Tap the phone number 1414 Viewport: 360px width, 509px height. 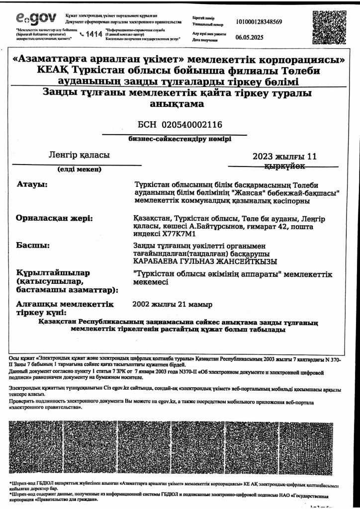point(94,34)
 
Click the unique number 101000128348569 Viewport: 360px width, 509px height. point(260,22)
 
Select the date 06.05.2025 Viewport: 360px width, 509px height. point(250,37)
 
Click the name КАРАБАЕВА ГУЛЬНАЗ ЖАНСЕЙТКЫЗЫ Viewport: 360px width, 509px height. point(205,261)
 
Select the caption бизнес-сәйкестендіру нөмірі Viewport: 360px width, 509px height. point(180,139)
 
